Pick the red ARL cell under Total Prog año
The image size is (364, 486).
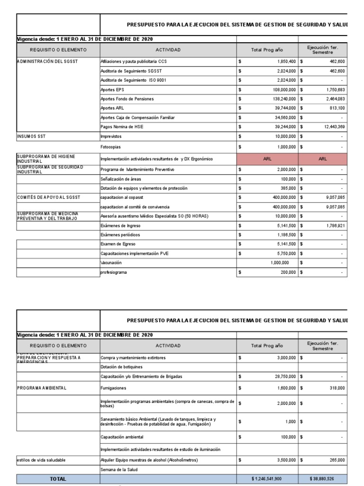tap(267, 160)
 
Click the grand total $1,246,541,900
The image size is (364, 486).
tap(267, 479)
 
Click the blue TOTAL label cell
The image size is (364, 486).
tap(58, 479)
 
